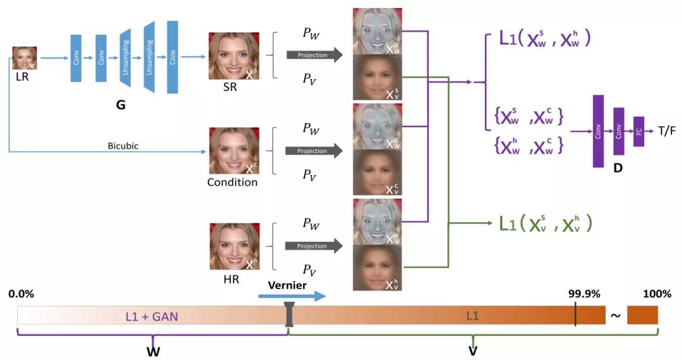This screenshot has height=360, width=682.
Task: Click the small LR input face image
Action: [x=25, y=58]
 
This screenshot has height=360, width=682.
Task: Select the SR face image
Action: [x=234, y=56]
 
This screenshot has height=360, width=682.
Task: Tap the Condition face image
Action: [x=234, y=151]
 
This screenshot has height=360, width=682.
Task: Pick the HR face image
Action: [x=234, y=246]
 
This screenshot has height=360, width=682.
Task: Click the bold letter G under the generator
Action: [x=121, y=105]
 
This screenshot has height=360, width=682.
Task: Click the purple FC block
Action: [x=638, y=131]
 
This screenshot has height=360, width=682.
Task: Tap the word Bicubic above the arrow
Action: [x=123, y=145]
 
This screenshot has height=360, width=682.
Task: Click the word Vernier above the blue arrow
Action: [x=287, y=285]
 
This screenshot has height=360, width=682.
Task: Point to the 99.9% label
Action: [x=584, y=294]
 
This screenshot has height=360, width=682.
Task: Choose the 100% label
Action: [x=657, y=294]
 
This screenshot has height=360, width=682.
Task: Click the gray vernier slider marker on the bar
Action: [x=289, y=315]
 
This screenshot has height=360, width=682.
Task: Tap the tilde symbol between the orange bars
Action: [x=615, y=315]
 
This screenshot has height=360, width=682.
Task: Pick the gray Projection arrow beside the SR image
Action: [x=314, y=56]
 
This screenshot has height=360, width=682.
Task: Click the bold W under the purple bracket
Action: [x=153, y=351]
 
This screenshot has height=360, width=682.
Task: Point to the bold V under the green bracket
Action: [x=472, y=351]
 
